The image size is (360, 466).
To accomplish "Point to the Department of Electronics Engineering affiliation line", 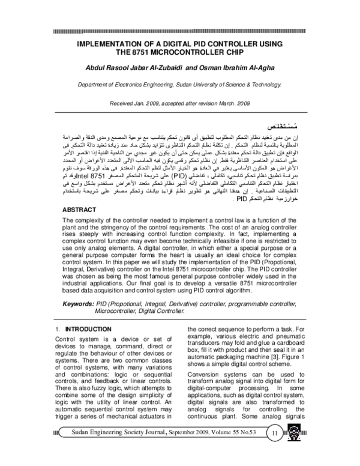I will [179, 86].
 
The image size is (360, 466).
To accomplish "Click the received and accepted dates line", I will [179, 104].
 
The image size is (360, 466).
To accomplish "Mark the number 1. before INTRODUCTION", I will [56, 330].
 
